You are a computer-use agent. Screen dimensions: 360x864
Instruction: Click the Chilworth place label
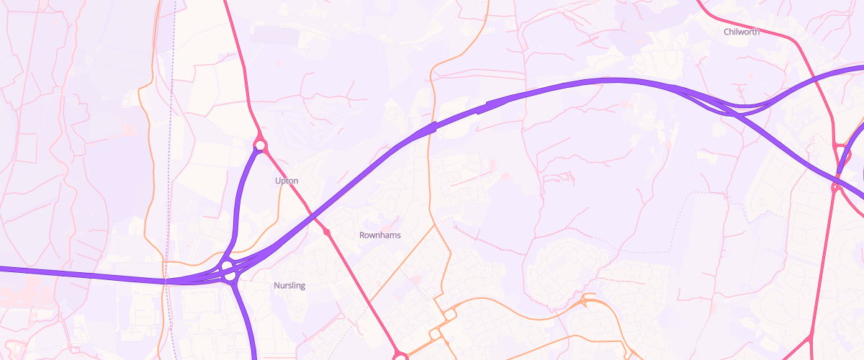tap(742, 32)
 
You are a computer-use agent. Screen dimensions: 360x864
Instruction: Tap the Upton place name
tap(287, 181)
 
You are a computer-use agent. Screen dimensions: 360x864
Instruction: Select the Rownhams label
tap(379, 235)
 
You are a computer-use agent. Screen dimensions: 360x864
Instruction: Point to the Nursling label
tap(289, 286)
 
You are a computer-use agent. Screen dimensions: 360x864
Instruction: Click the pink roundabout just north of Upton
tap(261, 146)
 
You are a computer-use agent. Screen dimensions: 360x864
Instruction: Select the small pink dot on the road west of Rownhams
tap(327, 233)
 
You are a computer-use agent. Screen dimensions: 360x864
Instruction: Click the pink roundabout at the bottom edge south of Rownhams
tap(400, 356)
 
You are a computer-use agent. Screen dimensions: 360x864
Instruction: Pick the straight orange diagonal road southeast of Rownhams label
tap(403, 259)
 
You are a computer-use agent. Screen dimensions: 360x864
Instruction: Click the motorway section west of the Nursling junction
tap(86, 274)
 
